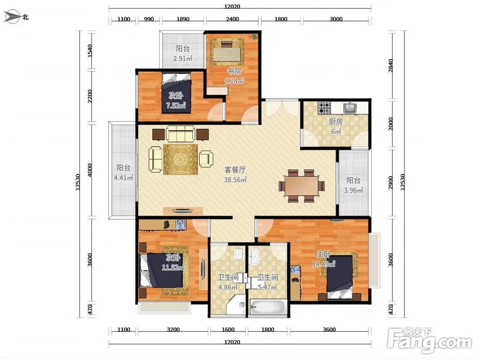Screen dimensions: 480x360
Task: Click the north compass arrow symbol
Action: (12, 17)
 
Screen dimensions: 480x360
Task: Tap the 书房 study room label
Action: (234, 71)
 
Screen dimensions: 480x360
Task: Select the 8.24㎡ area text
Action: (234, 81)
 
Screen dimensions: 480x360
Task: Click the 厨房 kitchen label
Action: (336, 121)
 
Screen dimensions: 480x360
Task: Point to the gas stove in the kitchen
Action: (324, 108)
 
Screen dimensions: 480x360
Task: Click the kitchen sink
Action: (350, 107)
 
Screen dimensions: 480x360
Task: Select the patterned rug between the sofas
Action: (181, 159)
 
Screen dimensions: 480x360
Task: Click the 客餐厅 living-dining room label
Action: (235, 170)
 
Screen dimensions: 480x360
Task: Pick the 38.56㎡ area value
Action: (235, 180)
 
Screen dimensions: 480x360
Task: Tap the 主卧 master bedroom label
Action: (323, 254)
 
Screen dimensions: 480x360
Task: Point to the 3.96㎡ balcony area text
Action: (353, 190)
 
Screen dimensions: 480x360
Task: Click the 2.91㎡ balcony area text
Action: (183, 58)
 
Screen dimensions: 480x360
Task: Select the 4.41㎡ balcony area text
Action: (123, 178)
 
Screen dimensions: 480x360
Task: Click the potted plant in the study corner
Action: (255, 37)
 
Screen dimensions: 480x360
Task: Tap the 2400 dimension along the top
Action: (232, 19)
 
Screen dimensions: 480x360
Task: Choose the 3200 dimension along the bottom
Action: (173, 330)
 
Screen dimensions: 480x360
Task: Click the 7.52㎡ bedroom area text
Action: (176, 105)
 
